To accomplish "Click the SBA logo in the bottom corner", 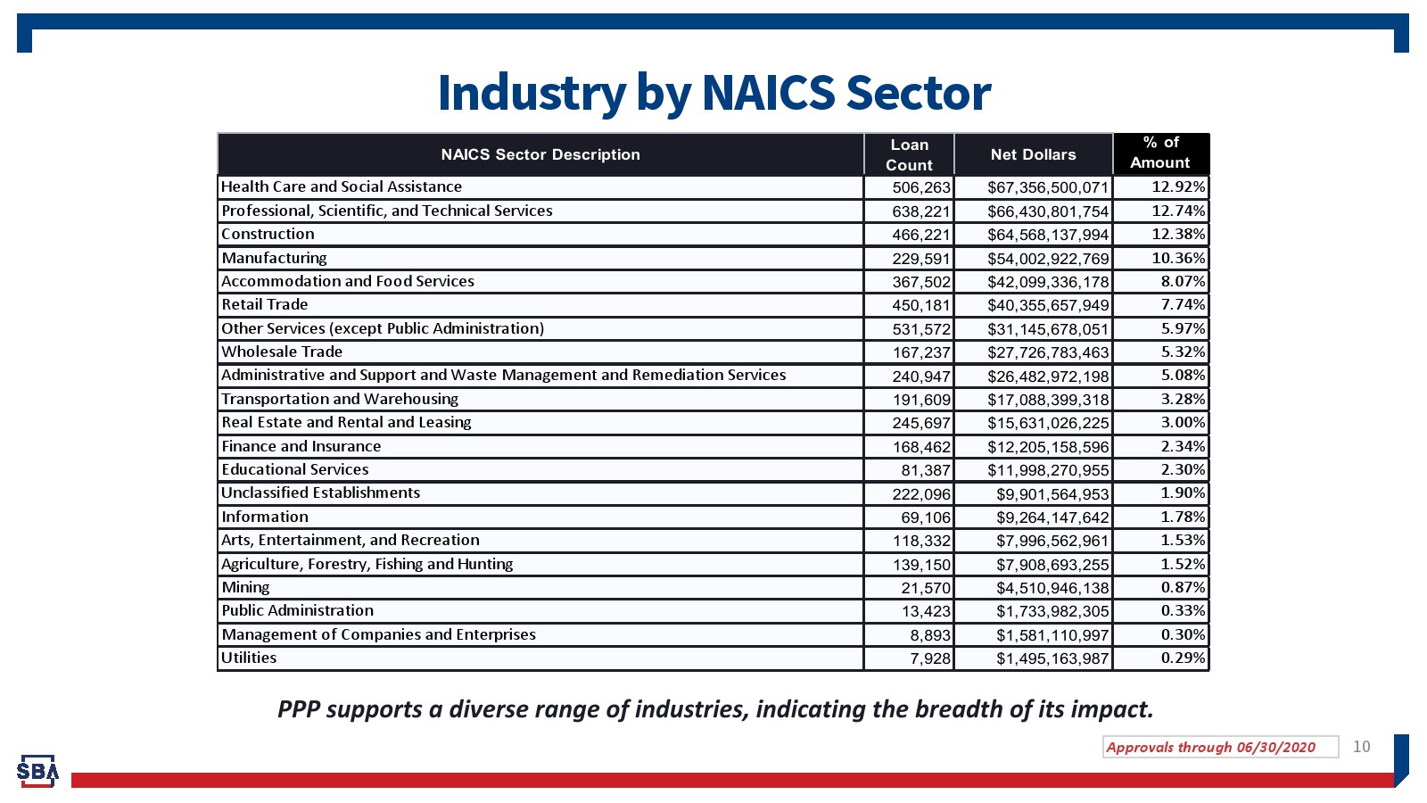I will click(37, 771).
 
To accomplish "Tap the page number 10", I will click(1361, 747).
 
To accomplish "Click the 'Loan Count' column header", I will click(909, 154).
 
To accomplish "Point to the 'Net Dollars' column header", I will click(1033, 154).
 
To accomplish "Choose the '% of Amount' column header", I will click(1160, 153).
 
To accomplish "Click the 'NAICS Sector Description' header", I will click(540, 154).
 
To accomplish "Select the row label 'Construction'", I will click(268, 234).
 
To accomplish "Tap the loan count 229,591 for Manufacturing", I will click(921, 259).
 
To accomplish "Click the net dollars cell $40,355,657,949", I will click(1048, 305).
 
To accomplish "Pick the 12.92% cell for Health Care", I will click(1178, 186).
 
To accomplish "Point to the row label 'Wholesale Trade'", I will click(282, 352).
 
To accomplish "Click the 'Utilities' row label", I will click(249, 658).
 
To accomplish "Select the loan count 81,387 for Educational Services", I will click(926, 470).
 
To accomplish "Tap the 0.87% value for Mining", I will click(1183, 587).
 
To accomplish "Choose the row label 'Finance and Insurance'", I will click(301, 446).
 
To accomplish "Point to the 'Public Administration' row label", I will click(297, 610).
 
